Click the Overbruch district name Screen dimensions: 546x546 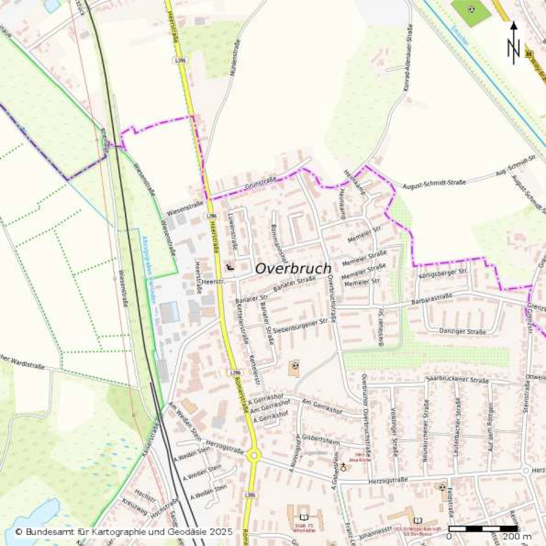(x=293, y=268)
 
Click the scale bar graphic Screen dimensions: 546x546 (x=483, y=528)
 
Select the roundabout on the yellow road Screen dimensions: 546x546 (x=254, y=455)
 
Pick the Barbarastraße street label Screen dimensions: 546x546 (x=432, y=299)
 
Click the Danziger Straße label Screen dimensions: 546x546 (x=462, y=331)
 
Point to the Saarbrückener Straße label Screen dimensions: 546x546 (x=457, y=380)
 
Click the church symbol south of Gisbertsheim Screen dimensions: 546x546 (x=343, y=467)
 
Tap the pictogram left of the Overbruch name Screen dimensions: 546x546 (x=230, y=267)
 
